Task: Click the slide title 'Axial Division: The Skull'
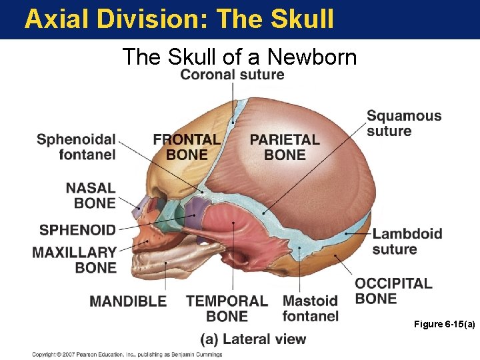(x=179, y=19)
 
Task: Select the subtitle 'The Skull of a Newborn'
(x=239, y=57)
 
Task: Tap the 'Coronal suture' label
(x=232, y=74)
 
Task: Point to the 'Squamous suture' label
(x=404, y=123)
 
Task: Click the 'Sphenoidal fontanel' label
(x=76, y=147)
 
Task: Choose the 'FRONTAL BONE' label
(x=187, y=147)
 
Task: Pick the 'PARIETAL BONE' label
(x=285, y=147)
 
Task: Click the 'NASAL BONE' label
(x=91, y=195)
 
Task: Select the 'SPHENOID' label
(x=77, y=230)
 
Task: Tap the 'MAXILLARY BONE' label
(x=75, y=260)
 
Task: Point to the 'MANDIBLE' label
(x=128, y=301)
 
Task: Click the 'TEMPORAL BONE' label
(x=227, y=308)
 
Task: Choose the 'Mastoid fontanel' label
(x=310, y=308)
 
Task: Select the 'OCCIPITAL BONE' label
(x=393, y=291)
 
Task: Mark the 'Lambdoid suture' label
(x=407, y=241)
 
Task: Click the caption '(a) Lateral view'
(x=253, y=339)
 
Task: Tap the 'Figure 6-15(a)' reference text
(x=444, y=324)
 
